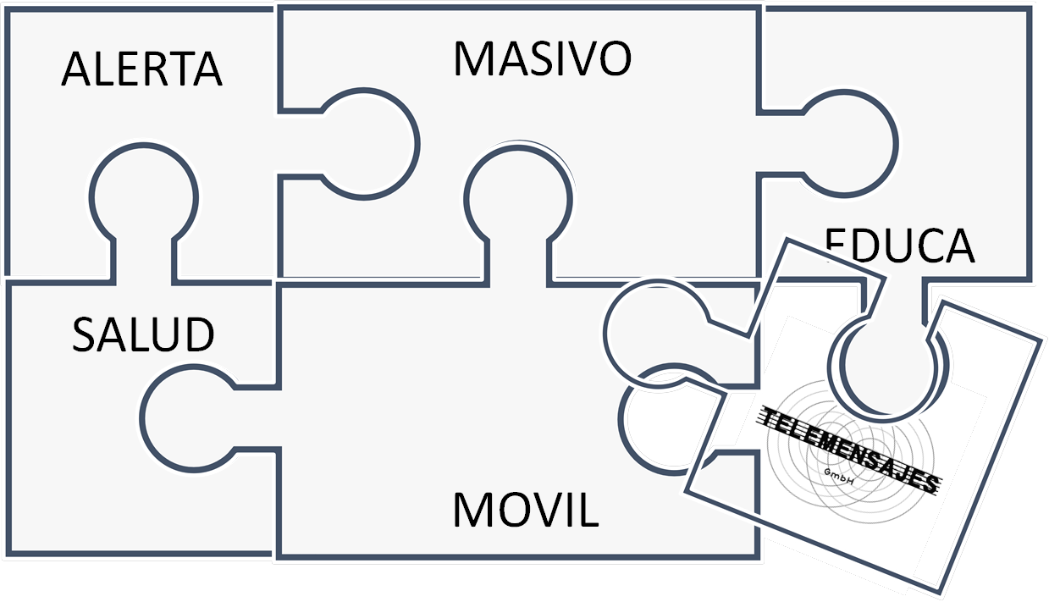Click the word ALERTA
141,69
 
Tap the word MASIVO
543,58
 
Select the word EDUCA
900,247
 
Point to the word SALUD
142,334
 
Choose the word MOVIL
526,509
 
